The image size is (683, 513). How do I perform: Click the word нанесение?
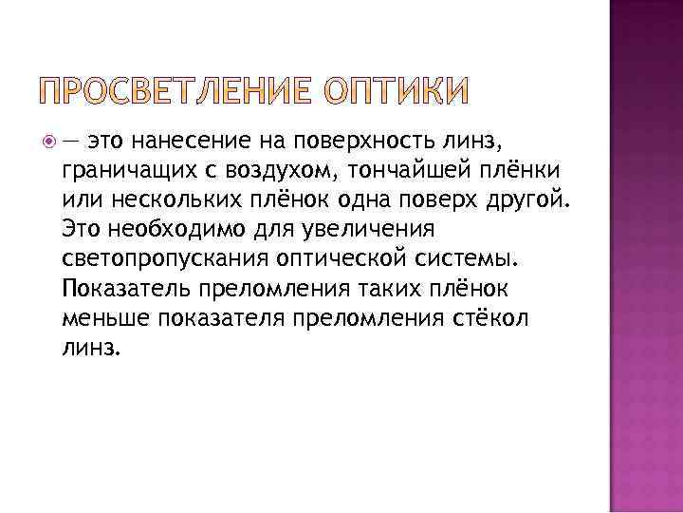click(178, 142)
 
